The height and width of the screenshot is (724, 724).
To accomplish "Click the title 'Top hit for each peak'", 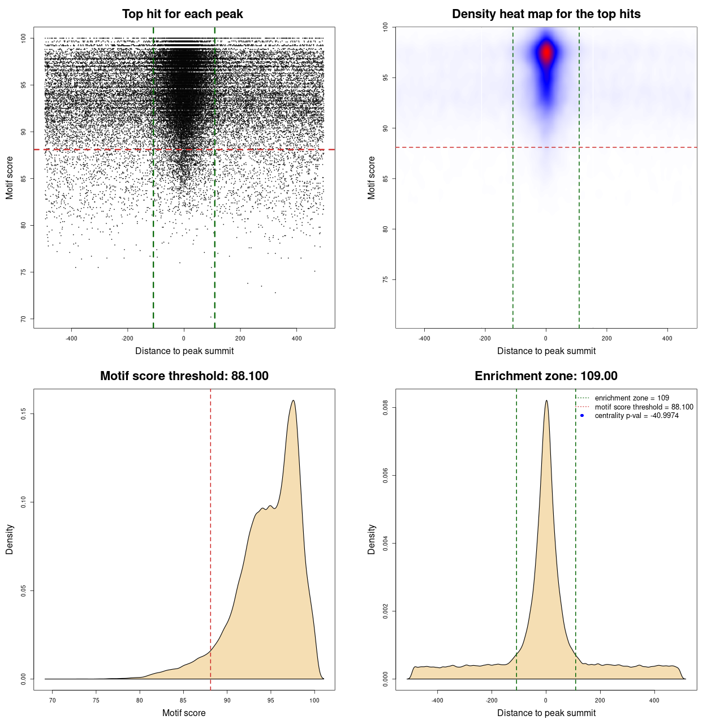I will [182, 14].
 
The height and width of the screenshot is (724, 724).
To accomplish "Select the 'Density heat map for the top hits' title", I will [546, 14].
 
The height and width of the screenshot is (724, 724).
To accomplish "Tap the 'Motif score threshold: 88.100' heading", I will [184, 376].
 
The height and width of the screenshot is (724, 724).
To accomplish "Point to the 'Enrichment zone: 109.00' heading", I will [546, 376].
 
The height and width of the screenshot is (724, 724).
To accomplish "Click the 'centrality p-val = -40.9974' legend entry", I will [636, 416].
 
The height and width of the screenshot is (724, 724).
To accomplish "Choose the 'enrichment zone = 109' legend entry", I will [631, 398].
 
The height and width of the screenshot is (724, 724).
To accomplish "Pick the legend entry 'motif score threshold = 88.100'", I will [644, 407].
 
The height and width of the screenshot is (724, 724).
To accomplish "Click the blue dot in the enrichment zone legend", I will [582, 416].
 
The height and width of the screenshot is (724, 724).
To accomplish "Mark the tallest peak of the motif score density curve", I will [293, 400].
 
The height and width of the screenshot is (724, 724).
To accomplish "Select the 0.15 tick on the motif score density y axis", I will [24, 414].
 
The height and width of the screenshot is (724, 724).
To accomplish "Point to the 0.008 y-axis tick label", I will [386, 407].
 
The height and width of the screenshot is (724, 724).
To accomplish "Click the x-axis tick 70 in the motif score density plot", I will [53, 701].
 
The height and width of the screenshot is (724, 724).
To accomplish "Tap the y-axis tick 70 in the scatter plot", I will [24, 319].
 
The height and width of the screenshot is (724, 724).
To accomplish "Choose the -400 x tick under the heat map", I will [424, 338].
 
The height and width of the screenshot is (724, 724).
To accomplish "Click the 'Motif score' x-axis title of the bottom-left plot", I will [184, 713].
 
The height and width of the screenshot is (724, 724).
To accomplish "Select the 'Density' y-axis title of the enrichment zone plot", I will [372, 539].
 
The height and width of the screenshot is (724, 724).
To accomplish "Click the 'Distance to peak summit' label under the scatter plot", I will [184, 351].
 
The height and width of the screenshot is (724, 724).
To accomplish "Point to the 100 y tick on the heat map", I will [386, 27].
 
